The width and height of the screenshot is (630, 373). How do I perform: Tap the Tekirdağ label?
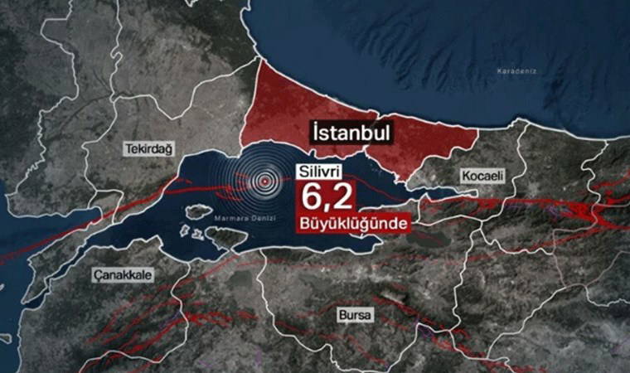(x=148, y=148)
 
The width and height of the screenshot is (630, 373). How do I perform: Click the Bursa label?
(x=356, y=316)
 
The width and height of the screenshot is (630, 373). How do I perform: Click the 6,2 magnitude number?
(x=329, y=199)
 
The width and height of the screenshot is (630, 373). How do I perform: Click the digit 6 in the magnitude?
(x=312, y=199)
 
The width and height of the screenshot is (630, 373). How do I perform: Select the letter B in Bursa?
(x=342, y=316)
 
